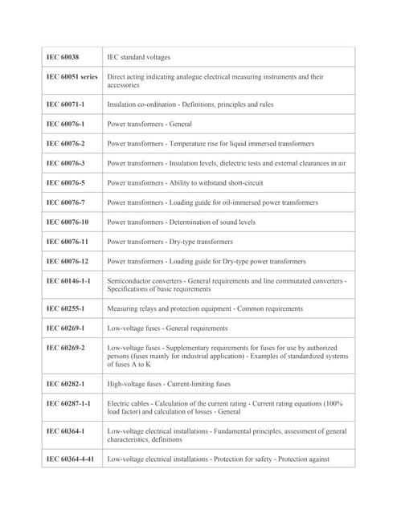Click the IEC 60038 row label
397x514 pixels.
pyautogui.click(x=63, y=57)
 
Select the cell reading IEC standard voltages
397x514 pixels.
pyautogui.click(x=138, y=57)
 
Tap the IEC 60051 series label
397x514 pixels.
pyautogui.click(x=72, y=77)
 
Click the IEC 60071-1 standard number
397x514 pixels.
pyautogui.click(x=65, y=104)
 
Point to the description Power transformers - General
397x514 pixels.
pyautogui.click(x=149, y=124)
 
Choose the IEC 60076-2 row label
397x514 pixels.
pyautogui.click(x=65, y=144)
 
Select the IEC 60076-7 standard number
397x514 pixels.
pyautogui.click(x=65, y=202)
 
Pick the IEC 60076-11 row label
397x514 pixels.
pyautogui.click(x=68, y=241)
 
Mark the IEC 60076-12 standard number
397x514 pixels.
pyautogui.click(x=68, y=261)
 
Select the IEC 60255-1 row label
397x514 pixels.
pyautogui.click(x=65, y=308)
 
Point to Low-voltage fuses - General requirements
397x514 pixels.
pyautogui.click(x=167, y=328)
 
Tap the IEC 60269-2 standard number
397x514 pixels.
pyautogui.click(x=65, y=348)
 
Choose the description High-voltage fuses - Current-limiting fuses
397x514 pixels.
pyautogui.click(x=169, y=384)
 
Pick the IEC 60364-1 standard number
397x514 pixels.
pyautogui.click(x=65, y=431)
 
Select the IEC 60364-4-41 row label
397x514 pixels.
pyautogui.click(x=70, y=459)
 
